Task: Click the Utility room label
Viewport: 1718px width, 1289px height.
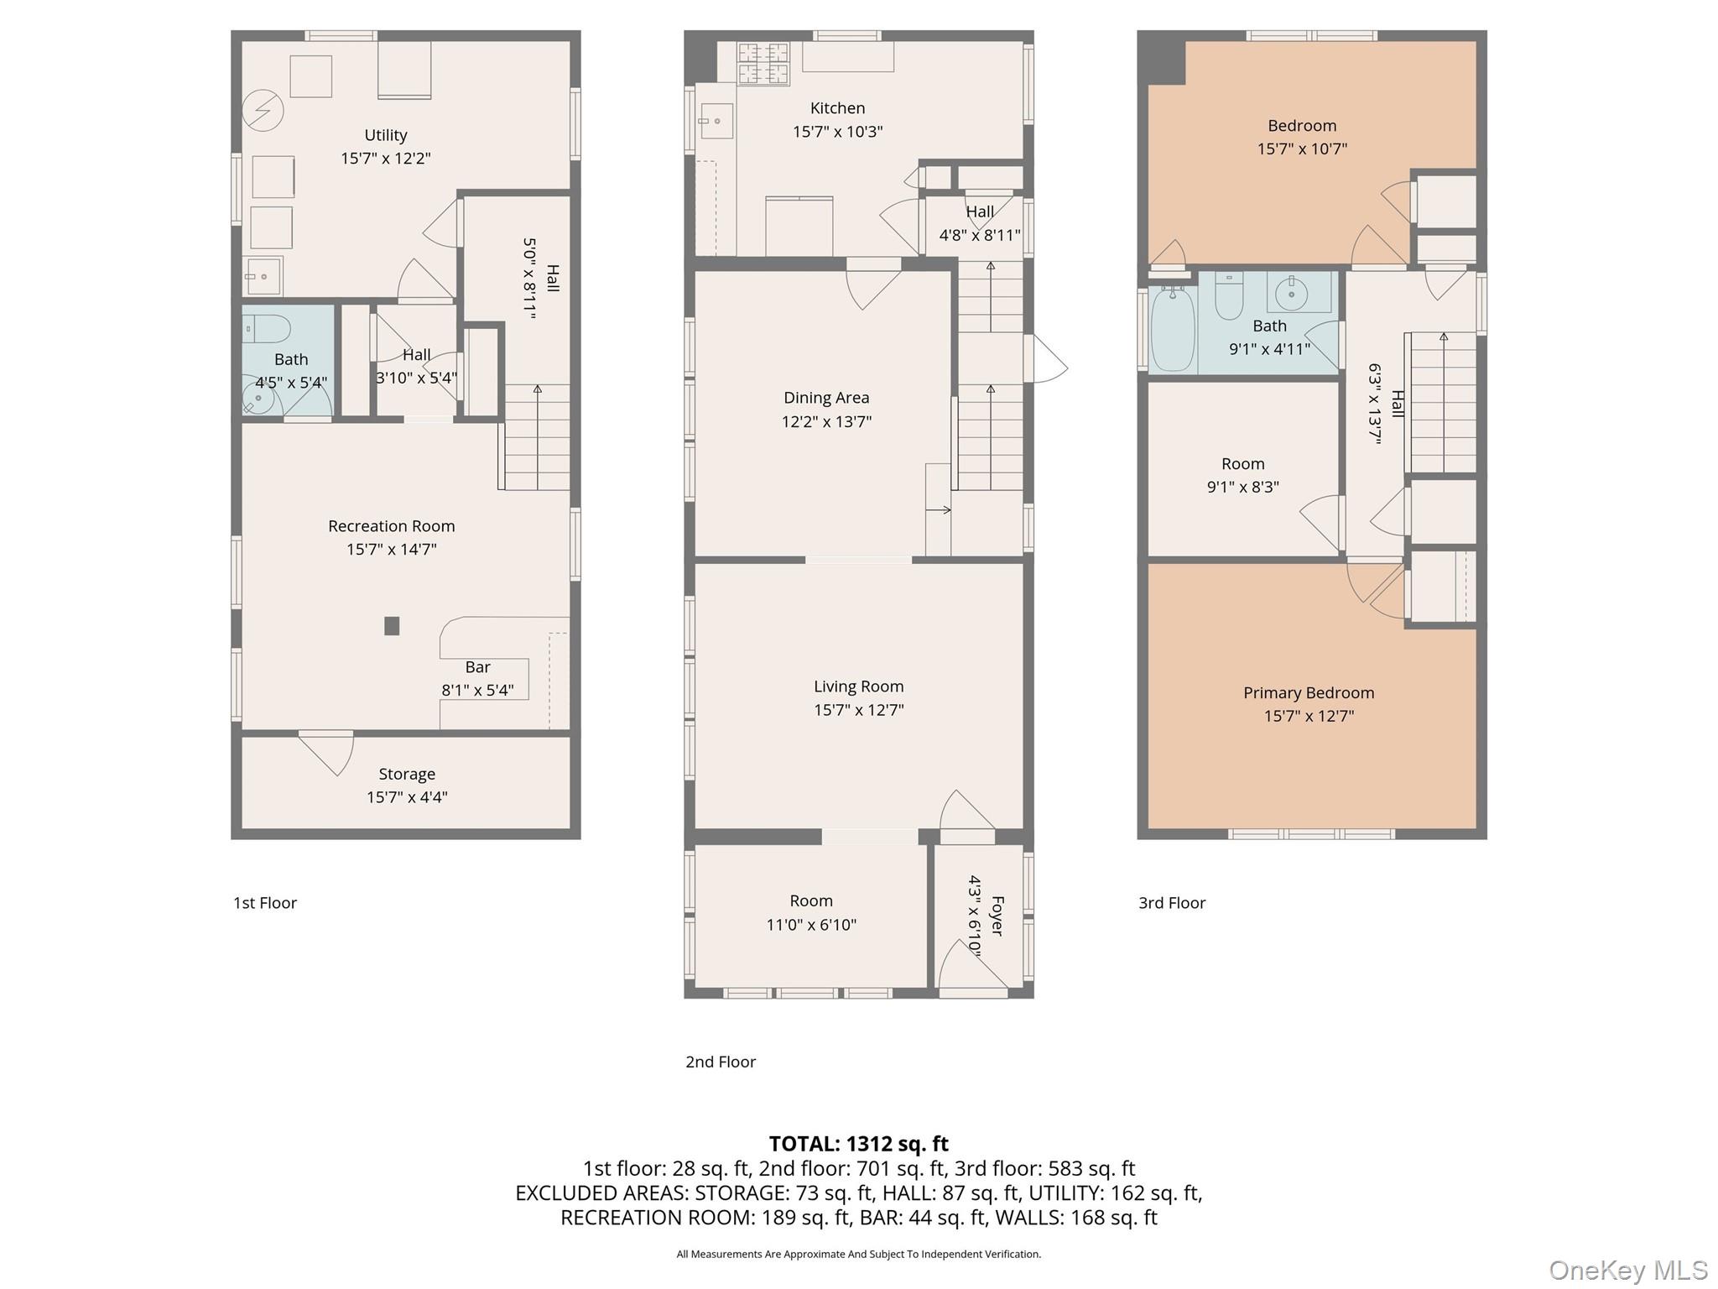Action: coord(385,135)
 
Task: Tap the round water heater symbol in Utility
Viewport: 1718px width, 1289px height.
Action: coord(263,110)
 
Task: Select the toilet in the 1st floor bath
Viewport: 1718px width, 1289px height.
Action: coord(268,328)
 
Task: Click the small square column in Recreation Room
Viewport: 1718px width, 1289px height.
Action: coord(392,625)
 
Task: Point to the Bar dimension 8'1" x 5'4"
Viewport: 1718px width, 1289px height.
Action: coord(477,691)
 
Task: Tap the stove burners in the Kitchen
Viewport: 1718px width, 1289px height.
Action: coord(763,63)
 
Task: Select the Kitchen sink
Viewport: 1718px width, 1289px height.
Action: coord(715,121)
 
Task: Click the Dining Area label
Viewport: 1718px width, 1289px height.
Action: coord(826,398)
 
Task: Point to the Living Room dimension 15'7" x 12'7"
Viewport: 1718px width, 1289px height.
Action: coord(858,710)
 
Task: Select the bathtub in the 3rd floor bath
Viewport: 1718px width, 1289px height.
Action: coord(1172,330)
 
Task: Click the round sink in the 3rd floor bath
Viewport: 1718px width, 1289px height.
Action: coord(1292,294)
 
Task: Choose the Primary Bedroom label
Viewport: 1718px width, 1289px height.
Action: coord(1309,693)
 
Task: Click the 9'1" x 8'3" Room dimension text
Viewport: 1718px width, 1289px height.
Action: coord(1242,487)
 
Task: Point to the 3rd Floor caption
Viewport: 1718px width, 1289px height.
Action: coord(1171,903)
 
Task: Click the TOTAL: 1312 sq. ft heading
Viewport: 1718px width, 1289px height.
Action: coord(858,1144)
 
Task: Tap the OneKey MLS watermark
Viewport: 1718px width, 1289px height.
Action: coord(1627,1270)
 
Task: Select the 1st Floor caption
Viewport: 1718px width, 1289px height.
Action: coord(265,903)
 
